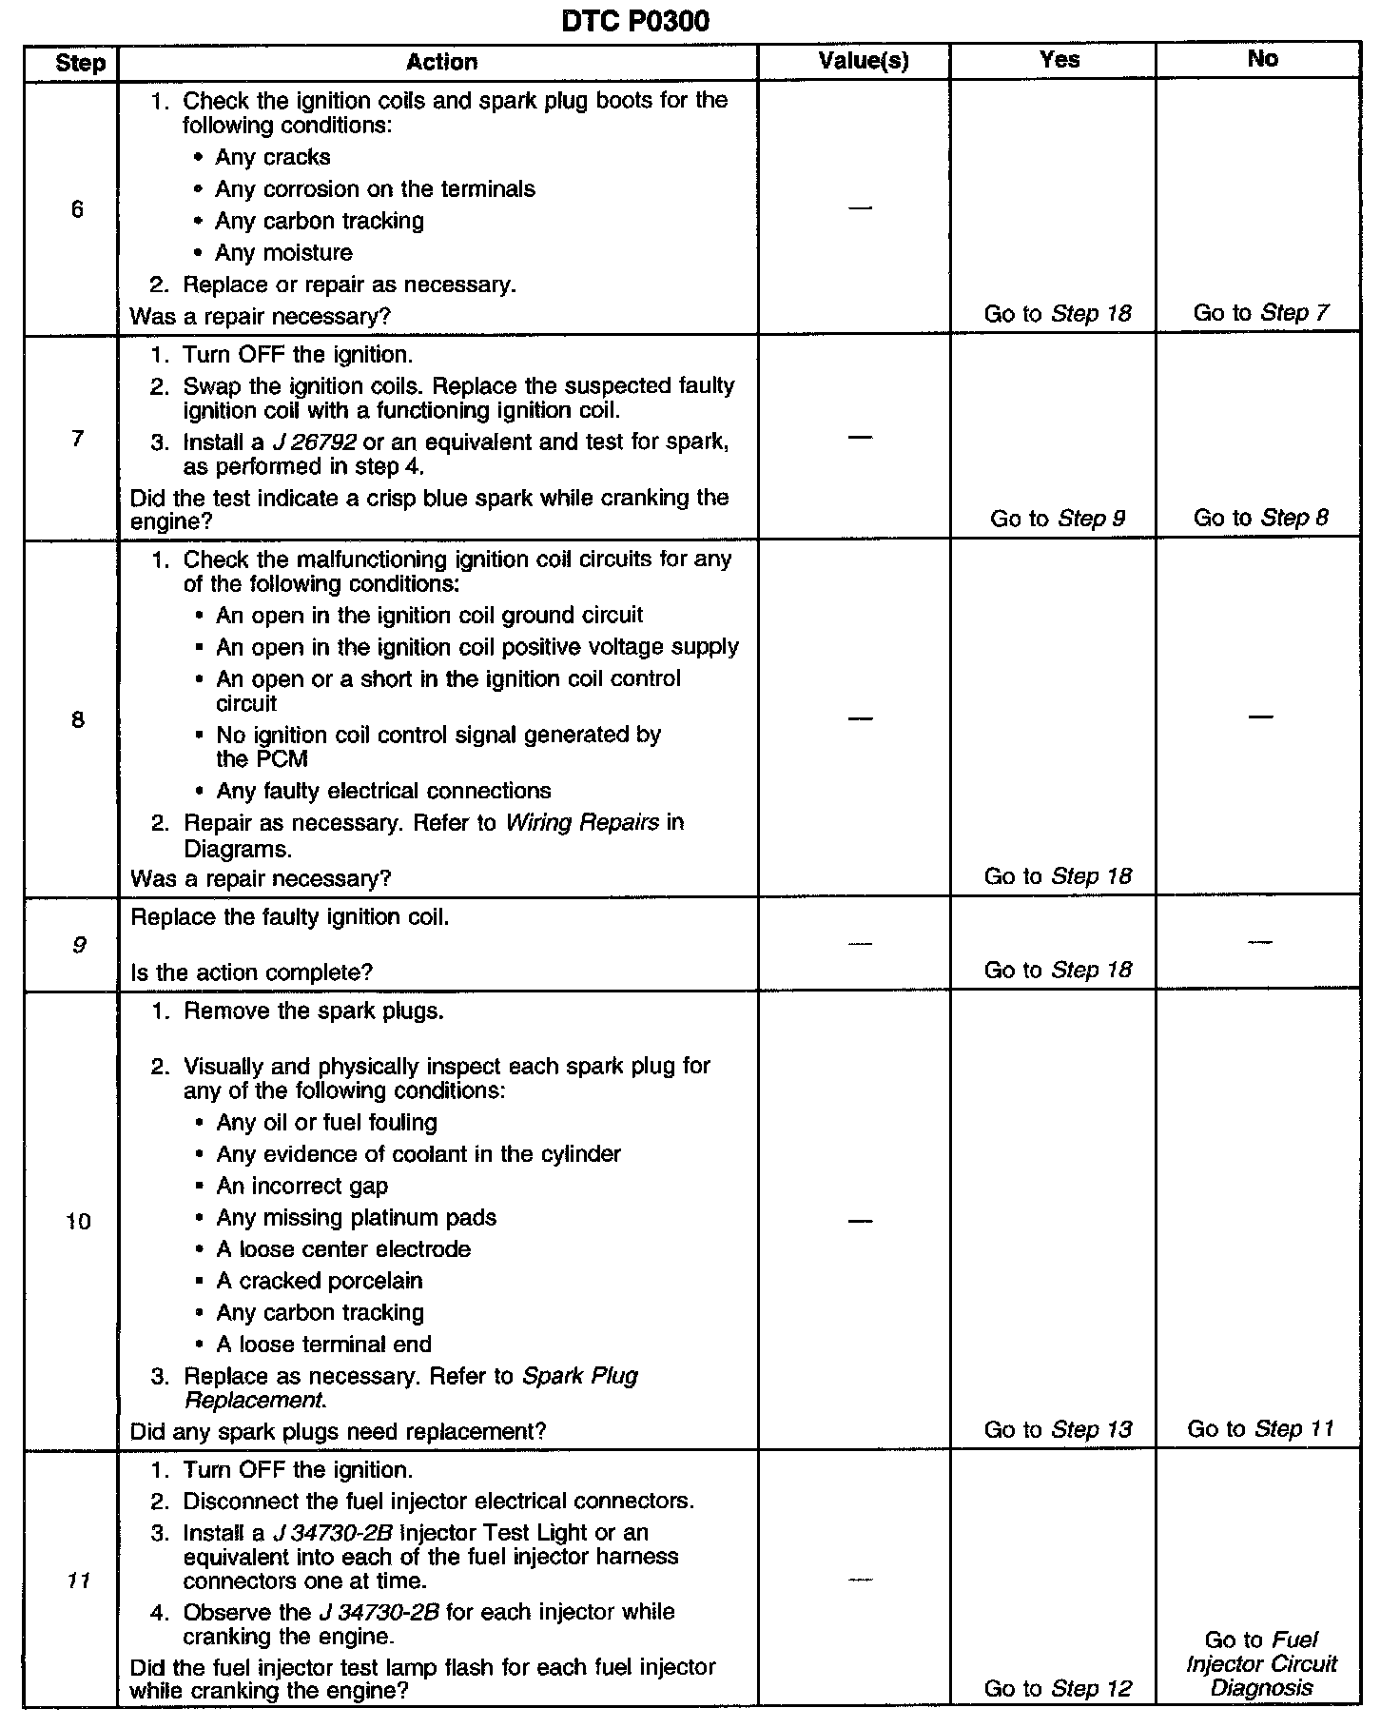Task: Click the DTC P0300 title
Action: pos(634,20)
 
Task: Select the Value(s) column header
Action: pos(863,61)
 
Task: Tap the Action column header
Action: pos(441,62)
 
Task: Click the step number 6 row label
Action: pos(77,209)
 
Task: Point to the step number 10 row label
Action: pos(78,1221)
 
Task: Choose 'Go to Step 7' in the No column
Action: pos(1261,312)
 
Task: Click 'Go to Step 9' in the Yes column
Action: pos(1058,518)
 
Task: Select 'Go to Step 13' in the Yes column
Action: pos(1058,1429)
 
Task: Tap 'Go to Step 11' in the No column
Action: pos(1261,1428)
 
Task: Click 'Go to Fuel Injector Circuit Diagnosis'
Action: pos(1261,1663)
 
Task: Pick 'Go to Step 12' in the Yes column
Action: pos(1058,1688)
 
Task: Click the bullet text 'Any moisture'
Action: pos(283,252)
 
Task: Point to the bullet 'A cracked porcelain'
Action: pos(320,1281)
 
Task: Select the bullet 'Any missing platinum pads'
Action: pos(357,1217)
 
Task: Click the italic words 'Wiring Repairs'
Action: pos(582,822)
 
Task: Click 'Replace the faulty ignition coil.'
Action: pos(290,917)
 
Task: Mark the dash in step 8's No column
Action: pos(1260,717)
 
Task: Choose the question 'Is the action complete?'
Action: pos(252,972)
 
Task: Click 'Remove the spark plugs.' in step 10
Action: pos(314,1011)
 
